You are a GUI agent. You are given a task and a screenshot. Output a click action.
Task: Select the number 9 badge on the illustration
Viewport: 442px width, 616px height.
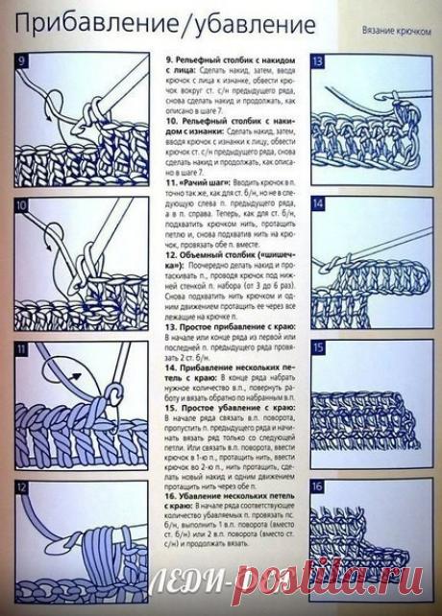[23, 63]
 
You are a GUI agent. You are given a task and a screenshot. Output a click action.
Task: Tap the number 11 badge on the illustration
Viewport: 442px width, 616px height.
[23, 352]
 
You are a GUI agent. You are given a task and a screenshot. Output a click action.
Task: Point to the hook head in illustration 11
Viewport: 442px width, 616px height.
[112, 395]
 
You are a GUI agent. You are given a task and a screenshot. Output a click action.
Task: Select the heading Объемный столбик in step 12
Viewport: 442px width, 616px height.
[216, 254]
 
